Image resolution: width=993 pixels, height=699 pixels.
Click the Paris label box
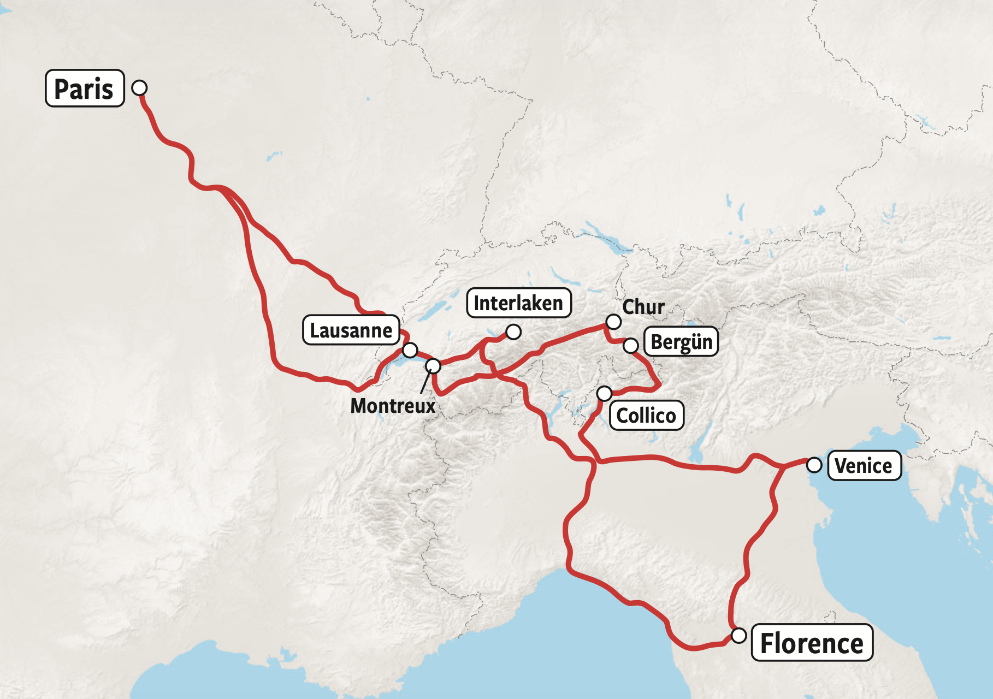85,88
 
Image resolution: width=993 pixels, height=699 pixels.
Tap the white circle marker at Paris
140,87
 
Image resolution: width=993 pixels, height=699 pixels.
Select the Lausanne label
351,330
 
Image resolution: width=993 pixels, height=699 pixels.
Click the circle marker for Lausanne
410,350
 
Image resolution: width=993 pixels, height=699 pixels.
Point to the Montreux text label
393,406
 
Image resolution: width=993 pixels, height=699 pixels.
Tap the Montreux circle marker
433,365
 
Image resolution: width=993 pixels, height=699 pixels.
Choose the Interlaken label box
518,303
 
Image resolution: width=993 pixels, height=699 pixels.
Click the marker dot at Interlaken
513,331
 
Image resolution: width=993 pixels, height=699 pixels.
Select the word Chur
643,307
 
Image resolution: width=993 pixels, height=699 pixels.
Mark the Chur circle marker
613,322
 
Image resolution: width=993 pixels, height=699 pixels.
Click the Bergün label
681,342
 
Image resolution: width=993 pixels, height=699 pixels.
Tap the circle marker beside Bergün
630,345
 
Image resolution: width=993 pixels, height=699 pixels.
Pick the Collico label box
646,416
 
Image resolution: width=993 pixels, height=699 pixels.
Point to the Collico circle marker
604,393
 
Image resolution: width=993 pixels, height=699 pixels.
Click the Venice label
864,466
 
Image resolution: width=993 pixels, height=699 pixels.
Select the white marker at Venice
814,465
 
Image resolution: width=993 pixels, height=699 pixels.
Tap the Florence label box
812,643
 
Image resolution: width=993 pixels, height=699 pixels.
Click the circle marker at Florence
738,636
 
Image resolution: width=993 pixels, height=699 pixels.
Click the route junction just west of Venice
784,466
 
